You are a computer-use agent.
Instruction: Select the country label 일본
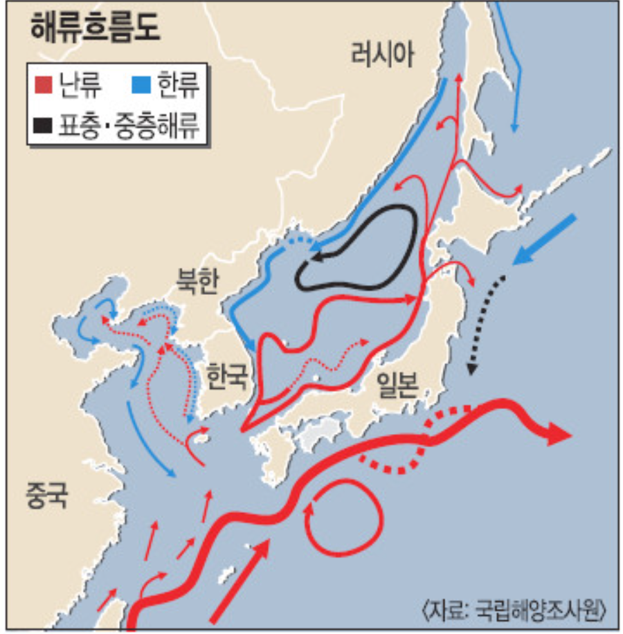pyautogui.click(x=397, y=383)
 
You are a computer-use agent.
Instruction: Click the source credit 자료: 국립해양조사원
pyautogui.click(x=516, y=609)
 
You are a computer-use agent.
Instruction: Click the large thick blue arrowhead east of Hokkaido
pyautogui.click(x=523, y=255)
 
